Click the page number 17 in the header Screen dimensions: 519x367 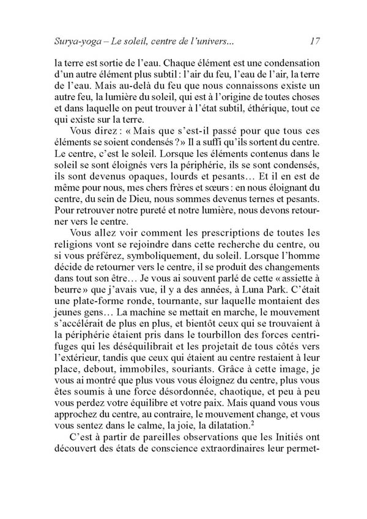[315, 42]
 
